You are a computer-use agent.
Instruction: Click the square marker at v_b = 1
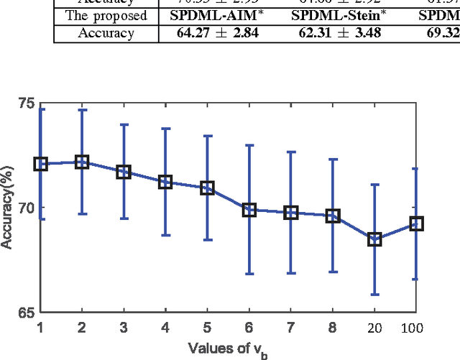(x=40, y=164)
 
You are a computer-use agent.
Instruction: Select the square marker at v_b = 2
(x=82, y=162)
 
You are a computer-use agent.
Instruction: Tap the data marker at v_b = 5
(x=207, y=188)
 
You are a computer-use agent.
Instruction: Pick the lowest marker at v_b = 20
(x=374, y=239)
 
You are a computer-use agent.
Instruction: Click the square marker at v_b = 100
(x=416, y=224)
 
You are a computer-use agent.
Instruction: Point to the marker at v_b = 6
(x=249, y=210)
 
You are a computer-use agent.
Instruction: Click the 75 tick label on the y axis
(x=25, y=104)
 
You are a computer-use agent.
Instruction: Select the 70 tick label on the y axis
(x=25, y=208)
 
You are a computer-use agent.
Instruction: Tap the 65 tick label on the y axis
(x=25, y=313)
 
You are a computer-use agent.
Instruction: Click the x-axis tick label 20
(x=374, y=328)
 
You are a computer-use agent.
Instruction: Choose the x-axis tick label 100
(x=413, y=328)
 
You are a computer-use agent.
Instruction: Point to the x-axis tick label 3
(x=124, y=328)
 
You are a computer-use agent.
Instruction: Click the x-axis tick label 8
(x=333, y=328)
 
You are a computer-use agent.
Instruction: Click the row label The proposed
(x=106, y=15)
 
